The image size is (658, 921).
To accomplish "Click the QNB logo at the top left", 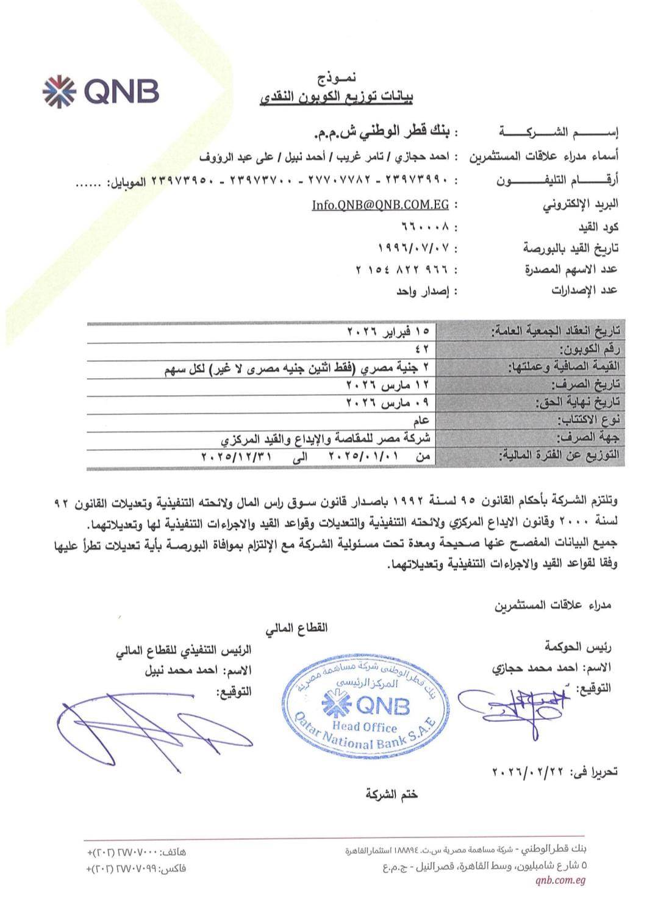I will click(x=101, y=90).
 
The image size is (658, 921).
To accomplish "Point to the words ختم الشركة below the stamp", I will click(x=392, y=794).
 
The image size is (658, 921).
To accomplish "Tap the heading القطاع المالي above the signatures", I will click(x=296, y=627).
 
